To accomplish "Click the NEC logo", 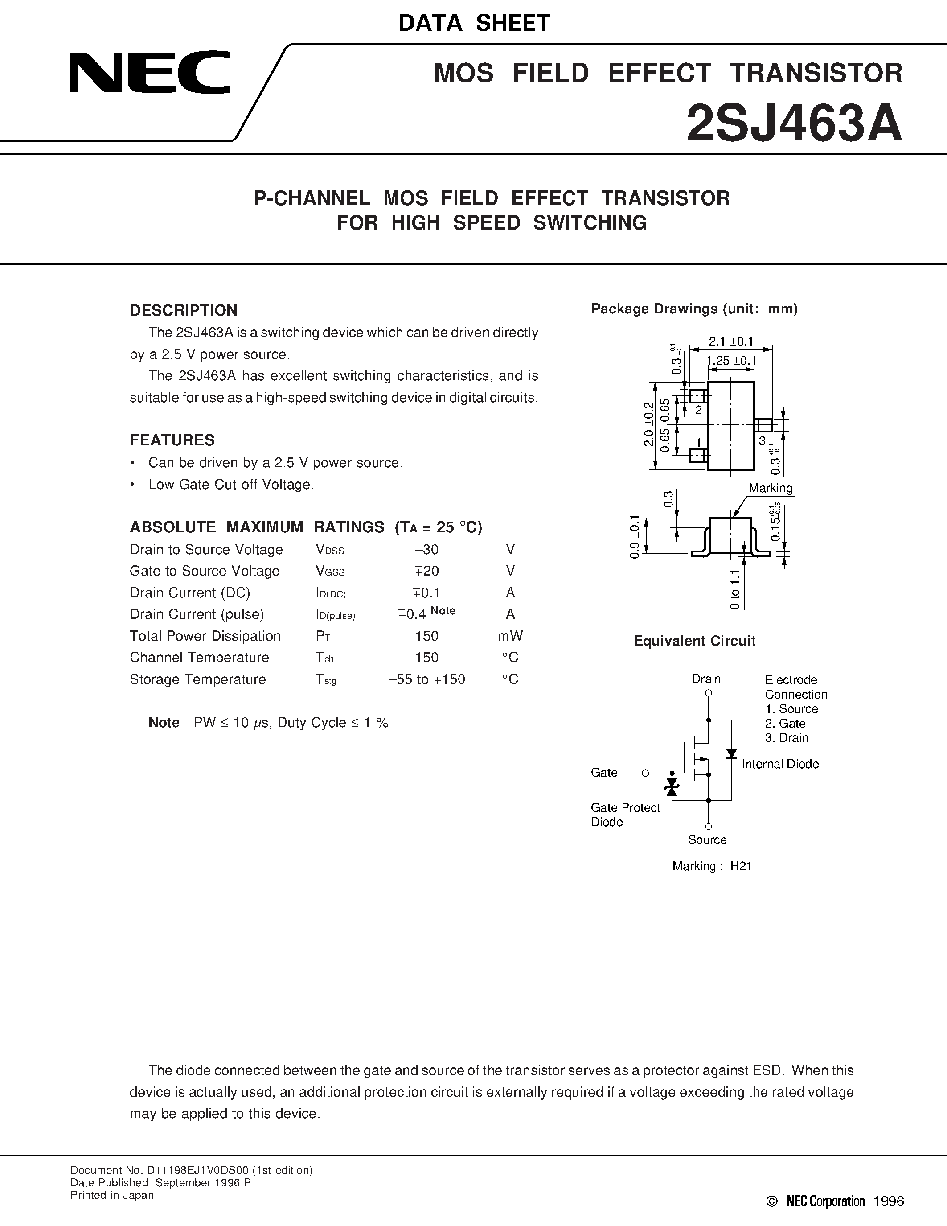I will pyautogui.click(x=150, y=73).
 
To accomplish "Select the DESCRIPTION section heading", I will pyautogui.click(x=184, y=310).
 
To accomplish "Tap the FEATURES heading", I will pyautogui.click(x=172, y=440).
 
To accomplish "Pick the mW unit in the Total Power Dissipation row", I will pyautogui.click(x=509, y=636).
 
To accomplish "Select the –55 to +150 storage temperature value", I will pyautogui.click(x=426, y=679).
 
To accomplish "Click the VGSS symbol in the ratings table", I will pyautogui.click(x=330, y=572).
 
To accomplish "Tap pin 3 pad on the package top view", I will pyautogui.click(x=763, y=425).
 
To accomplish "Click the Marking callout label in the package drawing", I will pyautogui.click(x=770, y=488).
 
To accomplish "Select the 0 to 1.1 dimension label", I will pyautogui.click(x=735, y=589).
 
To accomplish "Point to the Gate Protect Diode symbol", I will pyautogui.click(x=672, y=786).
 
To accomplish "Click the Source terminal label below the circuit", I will pyautogui.click(x=707, y=840).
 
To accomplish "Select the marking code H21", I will pyautogui.click(x=741, y=866).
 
